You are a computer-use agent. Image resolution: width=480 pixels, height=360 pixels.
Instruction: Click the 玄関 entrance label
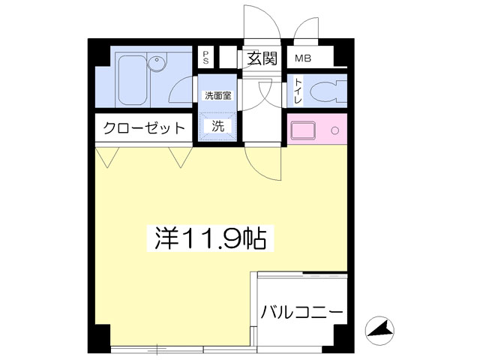coord(262,58)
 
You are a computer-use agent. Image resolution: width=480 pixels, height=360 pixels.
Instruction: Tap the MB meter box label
coord(303,58)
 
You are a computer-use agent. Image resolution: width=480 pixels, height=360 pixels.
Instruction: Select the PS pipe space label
coord(205,57)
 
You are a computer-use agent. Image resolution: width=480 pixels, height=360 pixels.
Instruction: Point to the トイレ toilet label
coord(298,91)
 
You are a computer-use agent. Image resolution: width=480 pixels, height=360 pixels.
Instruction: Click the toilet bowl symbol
coord(328,91)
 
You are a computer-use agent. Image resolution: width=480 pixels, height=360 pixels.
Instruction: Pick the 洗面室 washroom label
coord(218,96)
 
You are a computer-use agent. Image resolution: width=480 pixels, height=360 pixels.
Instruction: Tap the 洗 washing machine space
coord(218,127)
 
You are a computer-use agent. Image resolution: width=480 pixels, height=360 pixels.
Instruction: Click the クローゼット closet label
coord(144,128)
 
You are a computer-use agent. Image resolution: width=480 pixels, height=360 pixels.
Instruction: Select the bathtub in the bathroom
coord(132,80)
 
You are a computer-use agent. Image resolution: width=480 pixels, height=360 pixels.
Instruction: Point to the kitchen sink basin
coord(303,130)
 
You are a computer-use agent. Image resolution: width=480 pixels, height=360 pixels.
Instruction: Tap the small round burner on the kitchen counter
coord(335,130)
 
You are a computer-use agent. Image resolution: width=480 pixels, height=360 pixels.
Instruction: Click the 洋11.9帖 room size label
coord(210,238)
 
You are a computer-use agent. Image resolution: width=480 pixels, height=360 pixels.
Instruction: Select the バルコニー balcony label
coord(301,313)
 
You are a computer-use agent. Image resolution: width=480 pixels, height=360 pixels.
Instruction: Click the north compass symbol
coord(379,330)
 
